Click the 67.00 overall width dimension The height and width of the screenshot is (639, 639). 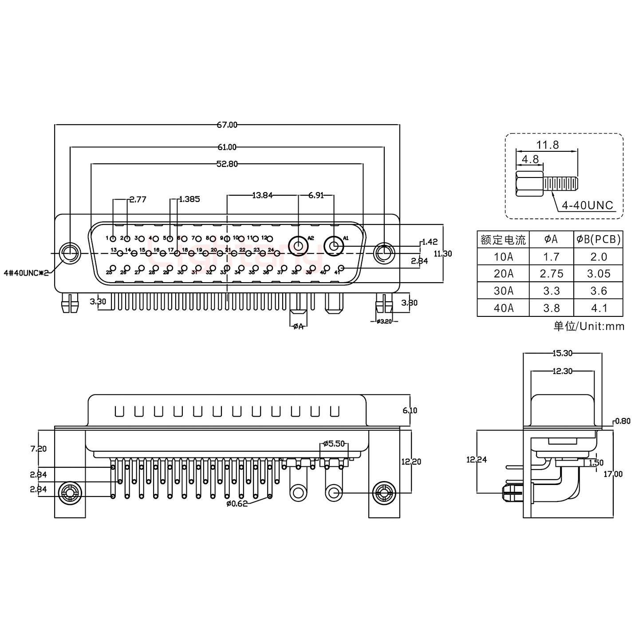227,125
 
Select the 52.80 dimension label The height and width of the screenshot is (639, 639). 227,164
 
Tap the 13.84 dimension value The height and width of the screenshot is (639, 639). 262,195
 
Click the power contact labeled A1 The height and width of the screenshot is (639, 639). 334,245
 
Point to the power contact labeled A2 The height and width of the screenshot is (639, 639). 297,245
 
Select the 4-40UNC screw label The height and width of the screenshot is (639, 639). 587,205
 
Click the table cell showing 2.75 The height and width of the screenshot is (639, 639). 551,274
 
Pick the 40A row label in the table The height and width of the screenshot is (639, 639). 503,308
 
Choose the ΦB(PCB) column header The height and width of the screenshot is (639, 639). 598,240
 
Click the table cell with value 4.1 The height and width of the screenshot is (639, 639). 598,308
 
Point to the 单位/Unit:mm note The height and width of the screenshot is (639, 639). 588,327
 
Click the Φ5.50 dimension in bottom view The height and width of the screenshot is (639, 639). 334,443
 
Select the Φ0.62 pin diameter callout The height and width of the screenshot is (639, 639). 237,504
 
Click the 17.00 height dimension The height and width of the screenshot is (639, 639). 613,474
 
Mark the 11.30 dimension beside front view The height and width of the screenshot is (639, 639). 442,254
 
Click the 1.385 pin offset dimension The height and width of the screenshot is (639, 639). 189,199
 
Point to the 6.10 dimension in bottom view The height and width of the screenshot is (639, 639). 410,411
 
